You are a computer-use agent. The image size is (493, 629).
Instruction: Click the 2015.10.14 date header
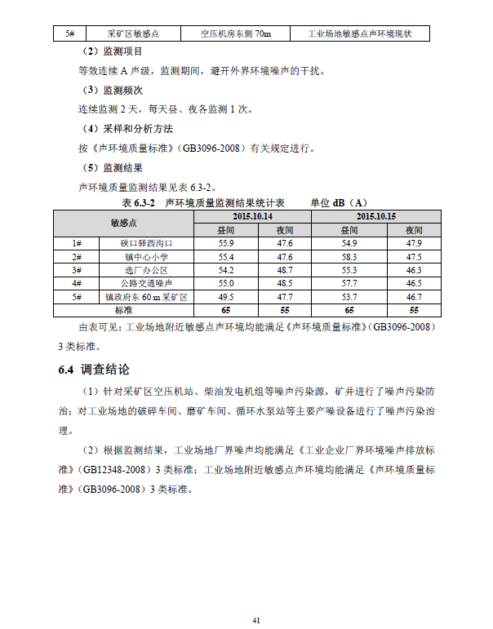(251, 217)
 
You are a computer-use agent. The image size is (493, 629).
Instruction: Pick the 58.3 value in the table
(349, 257)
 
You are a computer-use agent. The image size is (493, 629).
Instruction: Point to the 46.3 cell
(414, 270)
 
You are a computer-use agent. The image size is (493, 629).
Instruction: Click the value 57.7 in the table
(349, 283)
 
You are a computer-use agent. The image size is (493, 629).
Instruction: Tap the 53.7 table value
(349, 297)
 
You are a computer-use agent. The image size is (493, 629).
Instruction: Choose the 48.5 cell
(285, 283)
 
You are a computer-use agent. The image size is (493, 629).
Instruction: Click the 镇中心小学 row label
(147, 257)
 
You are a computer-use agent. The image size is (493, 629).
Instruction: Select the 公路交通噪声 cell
(147, 283)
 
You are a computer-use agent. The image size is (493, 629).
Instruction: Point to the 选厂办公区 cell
(147, 270)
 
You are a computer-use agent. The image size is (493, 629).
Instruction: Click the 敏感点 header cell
(123, 224)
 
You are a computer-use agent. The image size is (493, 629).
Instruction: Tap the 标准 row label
(123, 310)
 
